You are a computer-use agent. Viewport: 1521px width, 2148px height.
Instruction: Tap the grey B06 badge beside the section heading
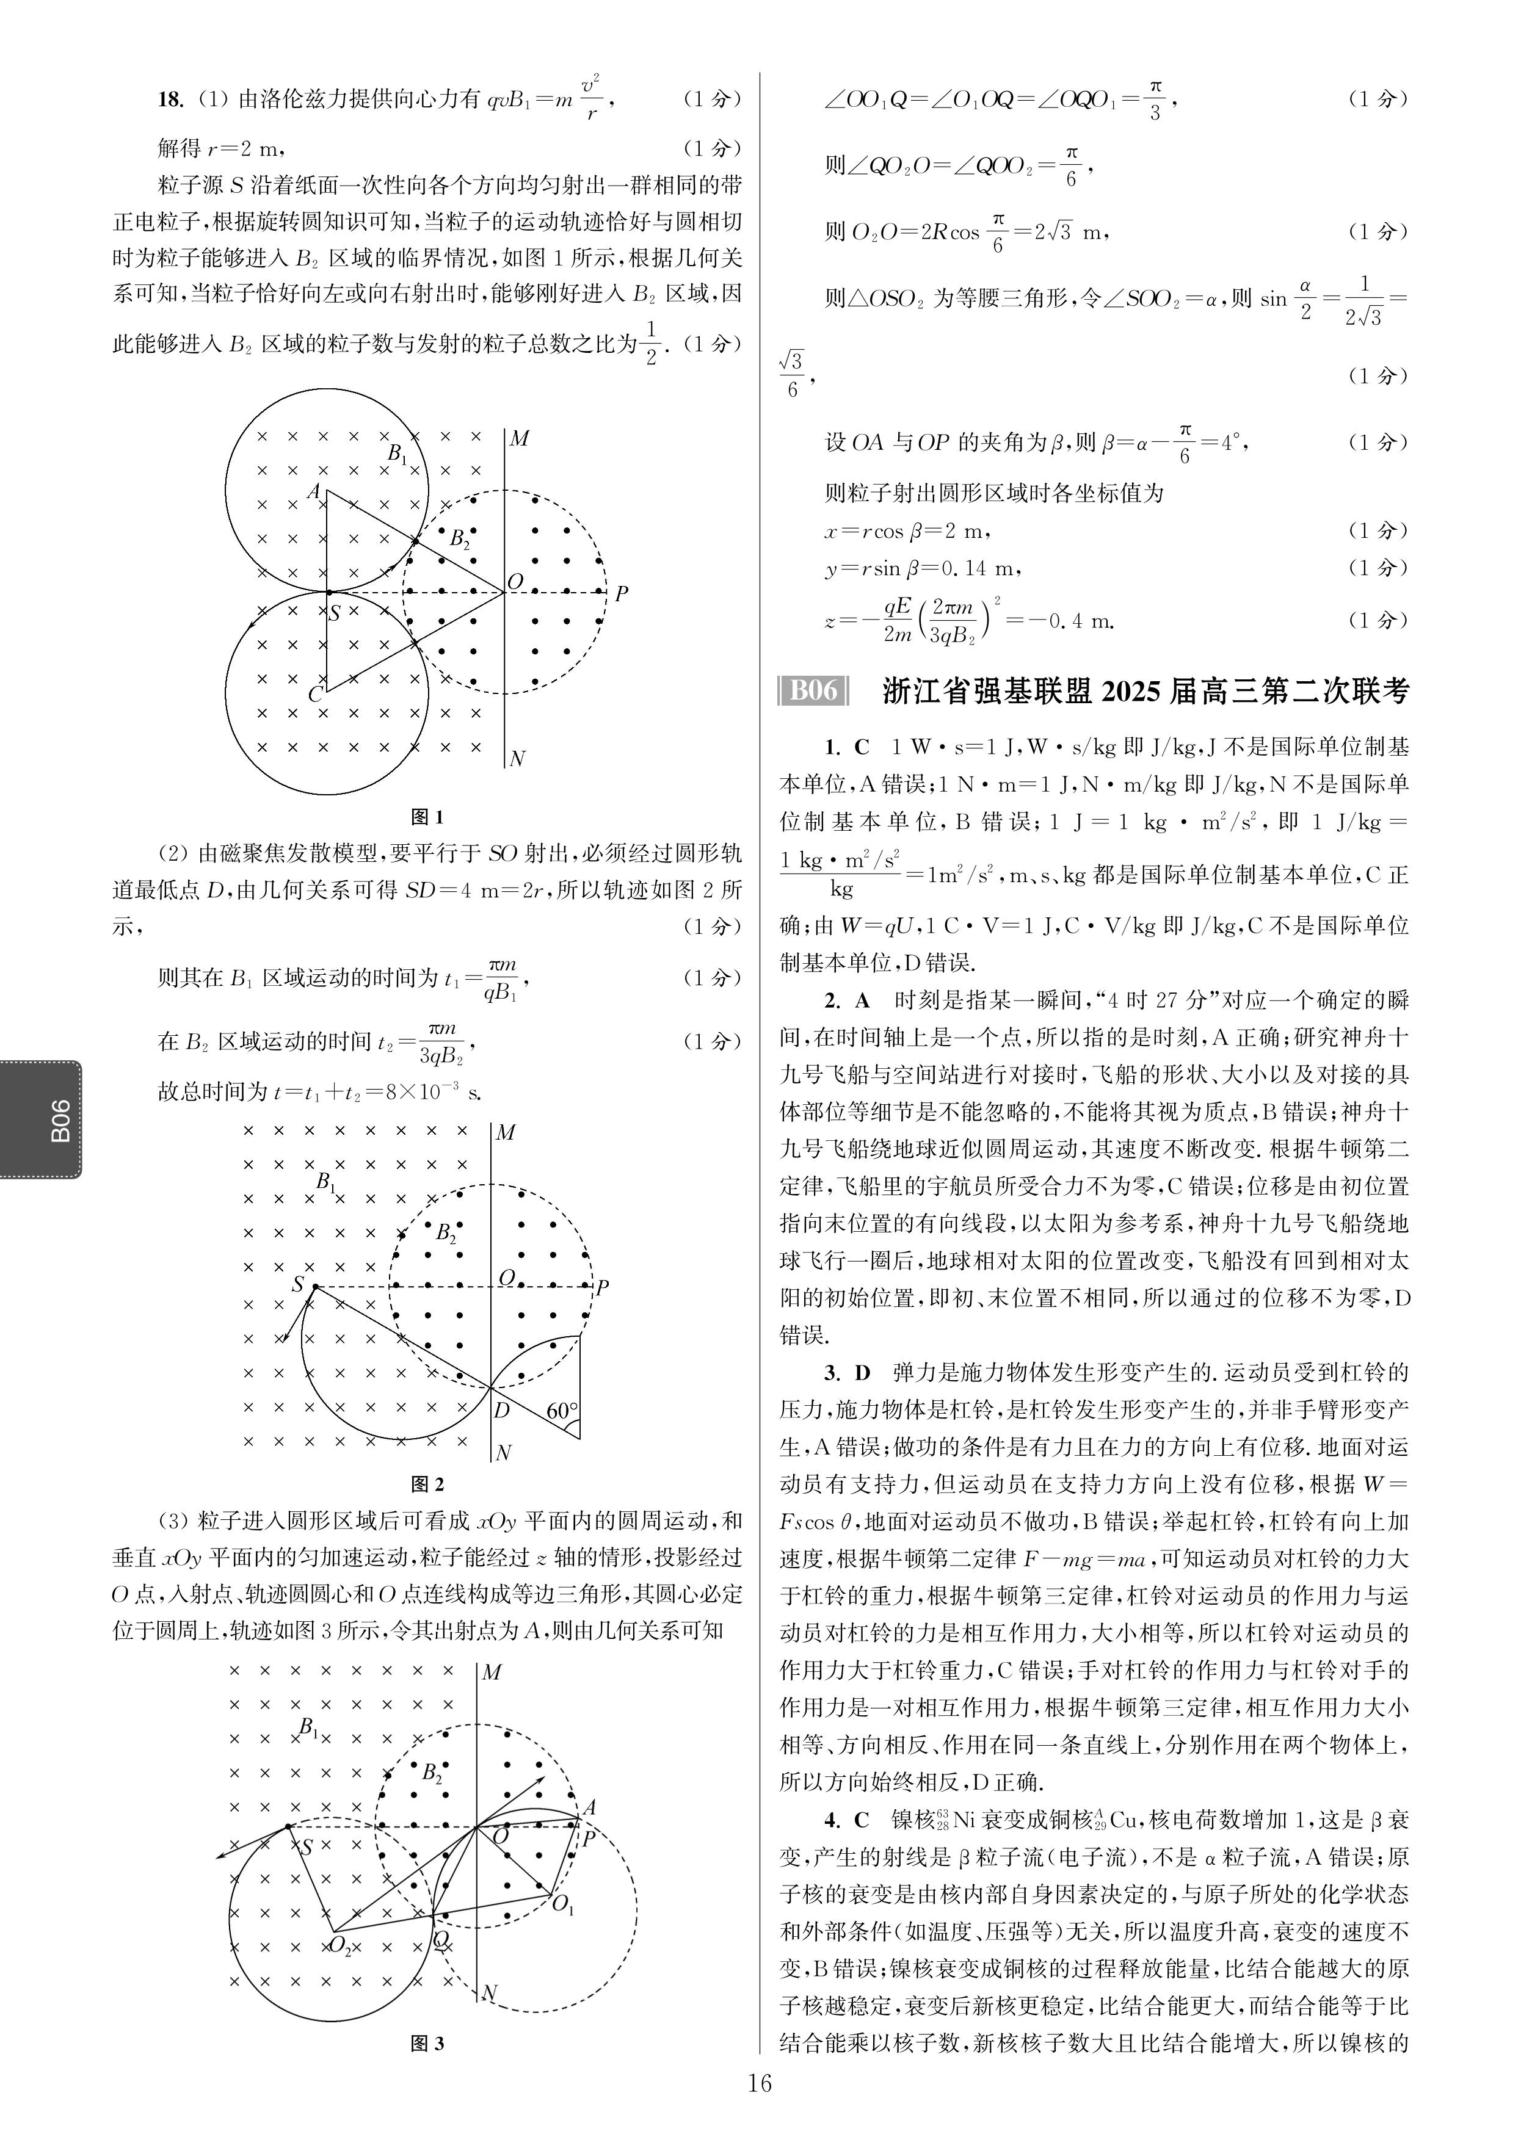click(813, 691)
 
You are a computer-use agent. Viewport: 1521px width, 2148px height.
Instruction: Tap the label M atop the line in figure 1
click(519, 438)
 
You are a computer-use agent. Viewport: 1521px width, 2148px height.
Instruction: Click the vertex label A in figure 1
click(314, 491)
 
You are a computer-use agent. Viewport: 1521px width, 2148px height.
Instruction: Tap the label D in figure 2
click(502, 1410)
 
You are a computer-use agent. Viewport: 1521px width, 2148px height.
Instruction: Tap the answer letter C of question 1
click(862, 747)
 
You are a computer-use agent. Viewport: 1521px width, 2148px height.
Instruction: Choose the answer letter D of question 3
click(862, 1373)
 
